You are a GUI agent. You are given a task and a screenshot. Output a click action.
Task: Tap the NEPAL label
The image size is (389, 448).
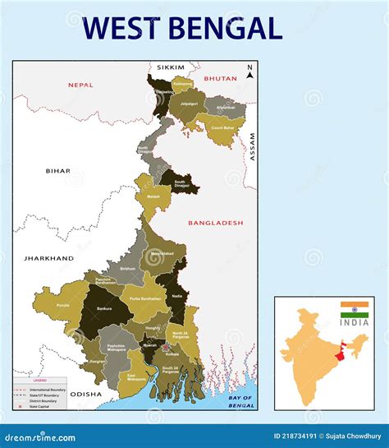pos(81,85)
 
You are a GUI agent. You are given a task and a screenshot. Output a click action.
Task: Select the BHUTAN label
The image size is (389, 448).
pos(221,78)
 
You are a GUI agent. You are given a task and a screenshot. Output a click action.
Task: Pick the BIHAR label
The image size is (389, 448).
pos(58,171)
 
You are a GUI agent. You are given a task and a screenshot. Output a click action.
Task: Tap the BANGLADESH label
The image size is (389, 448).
pos(216,223)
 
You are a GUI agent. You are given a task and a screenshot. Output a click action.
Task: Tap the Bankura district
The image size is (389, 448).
pos(103,311)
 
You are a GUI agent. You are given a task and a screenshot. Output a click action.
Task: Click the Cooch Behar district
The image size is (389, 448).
pos(221,128)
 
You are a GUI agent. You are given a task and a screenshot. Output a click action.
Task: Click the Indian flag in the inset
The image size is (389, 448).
pos(355,309)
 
